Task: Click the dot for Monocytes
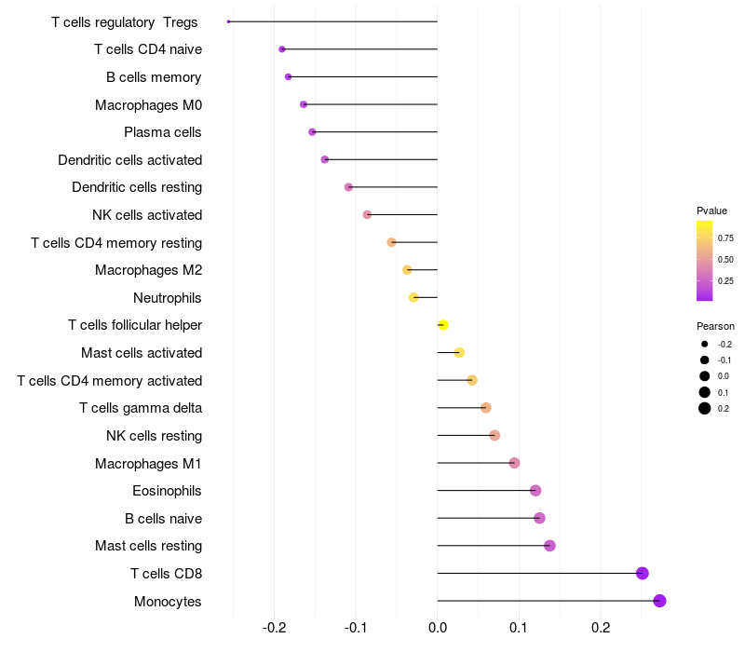[x=659, y=601]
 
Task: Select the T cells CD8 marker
[x=642, y=573]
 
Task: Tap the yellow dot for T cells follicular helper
[x=443, y=325]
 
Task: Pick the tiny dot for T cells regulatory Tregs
[x=228, y=21]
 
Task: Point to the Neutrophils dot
[x=413, y=297]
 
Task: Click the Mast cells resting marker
[x=549, y=546]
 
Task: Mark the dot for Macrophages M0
[x=304, y=104]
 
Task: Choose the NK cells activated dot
[x=367, y=214]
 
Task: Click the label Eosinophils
[x=167, y=491]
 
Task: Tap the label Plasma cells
[x=162, y=132]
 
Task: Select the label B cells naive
[x=163, y=518]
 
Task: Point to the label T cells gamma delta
[x=141, y=408]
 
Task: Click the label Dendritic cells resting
[x=137, y=187]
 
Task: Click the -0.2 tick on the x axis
[x=274, y=628]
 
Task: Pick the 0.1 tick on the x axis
[x=519, y=628]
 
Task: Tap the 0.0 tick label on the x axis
[x=437, y=628]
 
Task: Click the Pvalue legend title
[x=711, y=211]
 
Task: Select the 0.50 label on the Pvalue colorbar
[x=725, y=260]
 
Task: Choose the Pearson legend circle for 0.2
[x=705, y=408]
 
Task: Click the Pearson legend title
[x=715, y=326]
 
